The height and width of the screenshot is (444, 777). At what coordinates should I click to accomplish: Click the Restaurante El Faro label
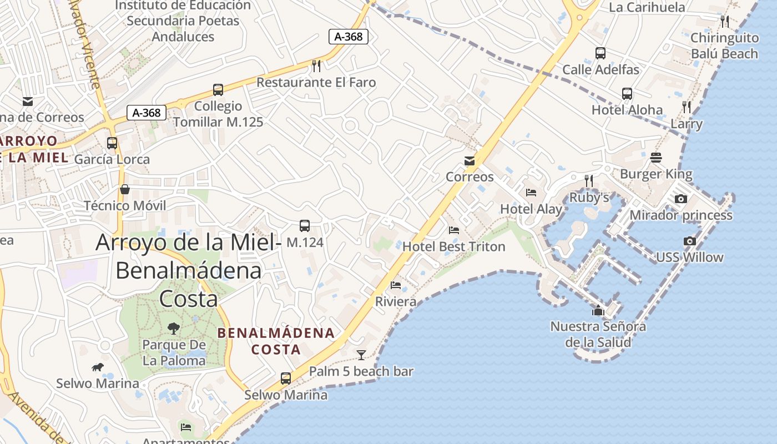[316, 82]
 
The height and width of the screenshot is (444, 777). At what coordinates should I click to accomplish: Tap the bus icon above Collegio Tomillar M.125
[218, 89]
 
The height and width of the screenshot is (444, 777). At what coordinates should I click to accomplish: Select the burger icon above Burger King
[656, 158]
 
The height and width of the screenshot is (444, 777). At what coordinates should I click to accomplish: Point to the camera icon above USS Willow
[690, 241]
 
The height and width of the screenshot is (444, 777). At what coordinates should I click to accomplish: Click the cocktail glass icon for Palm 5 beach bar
[361, 355]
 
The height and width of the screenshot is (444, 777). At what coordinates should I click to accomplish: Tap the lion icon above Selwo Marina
[98, 367]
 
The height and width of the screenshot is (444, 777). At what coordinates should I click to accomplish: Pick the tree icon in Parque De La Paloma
[174, 328]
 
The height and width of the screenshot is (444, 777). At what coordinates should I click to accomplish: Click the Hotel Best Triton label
[454, 246]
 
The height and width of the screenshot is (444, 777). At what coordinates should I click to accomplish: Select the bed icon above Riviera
[396, 285]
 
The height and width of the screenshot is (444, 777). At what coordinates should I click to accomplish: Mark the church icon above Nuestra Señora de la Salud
[598, 310]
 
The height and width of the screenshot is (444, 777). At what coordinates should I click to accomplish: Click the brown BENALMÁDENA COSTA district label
[276, 341]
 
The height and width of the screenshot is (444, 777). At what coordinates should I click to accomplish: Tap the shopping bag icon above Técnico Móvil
[125, 189]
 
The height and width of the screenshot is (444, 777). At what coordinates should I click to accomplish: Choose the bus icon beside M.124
[305, 226]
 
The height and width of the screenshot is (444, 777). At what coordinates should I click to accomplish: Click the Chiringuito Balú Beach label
[724, 46]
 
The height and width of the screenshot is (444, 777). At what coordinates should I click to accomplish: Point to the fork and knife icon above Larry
[687, 107]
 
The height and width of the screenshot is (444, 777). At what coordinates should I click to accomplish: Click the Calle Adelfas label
[601, 69]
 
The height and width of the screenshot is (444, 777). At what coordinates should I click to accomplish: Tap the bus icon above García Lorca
[112, 143]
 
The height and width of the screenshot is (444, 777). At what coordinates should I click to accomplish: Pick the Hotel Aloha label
[627, 109]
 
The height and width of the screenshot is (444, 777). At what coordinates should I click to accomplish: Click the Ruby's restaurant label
[589, 198]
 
